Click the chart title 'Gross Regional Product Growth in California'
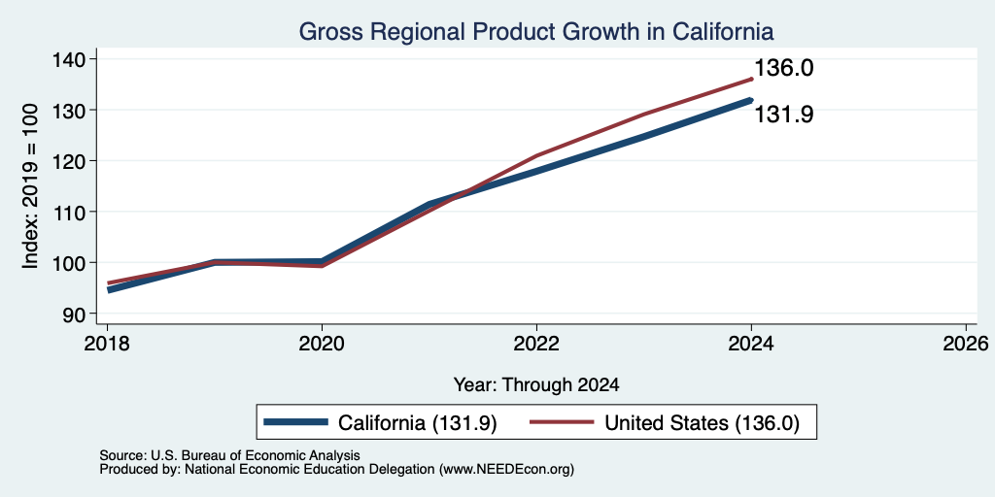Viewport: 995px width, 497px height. point(536,32)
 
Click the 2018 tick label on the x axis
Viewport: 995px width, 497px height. point(107,344)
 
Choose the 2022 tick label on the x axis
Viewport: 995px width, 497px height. point(536,344)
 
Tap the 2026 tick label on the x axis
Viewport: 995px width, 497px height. point(966,344)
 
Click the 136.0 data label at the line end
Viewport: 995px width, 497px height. point(784,68)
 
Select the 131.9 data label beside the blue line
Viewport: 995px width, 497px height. point(784,115)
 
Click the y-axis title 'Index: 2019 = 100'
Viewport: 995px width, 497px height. point(30,186)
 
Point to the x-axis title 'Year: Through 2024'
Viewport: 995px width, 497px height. point(536,384)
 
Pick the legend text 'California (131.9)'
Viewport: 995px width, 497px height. point(418,423)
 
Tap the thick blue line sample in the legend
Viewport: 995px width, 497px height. point(295,422)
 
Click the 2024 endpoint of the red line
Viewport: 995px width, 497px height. point(751,80)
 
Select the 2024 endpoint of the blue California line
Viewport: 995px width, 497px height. point(751,100)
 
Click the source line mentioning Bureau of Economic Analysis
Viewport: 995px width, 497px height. point(229,455)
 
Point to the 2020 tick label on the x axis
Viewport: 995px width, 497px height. point(322,344)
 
